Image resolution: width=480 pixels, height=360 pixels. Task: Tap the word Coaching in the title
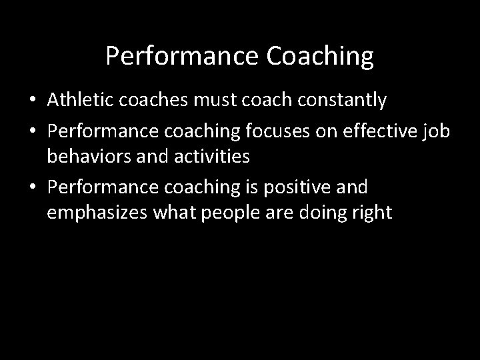click(x=320, y=57)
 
